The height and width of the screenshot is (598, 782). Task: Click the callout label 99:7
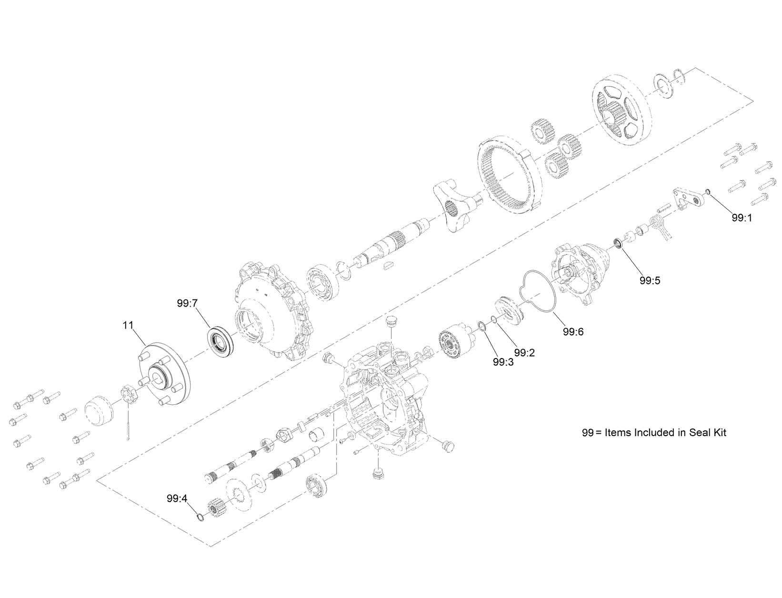click(187, 303)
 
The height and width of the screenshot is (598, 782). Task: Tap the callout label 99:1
click(742, 218)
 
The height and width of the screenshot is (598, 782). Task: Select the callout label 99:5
click(650, 280)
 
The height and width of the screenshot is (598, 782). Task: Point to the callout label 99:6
click(572, 332)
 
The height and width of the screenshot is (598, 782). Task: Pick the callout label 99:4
click(177, 498)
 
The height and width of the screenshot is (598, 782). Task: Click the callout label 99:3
click(503, 362)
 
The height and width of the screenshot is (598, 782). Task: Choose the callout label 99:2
click(524, 353)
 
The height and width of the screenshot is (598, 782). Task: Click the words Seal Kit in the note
click(708, 433)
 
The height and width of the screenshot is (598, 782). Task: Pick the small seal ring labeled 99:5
click(618, 244)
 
